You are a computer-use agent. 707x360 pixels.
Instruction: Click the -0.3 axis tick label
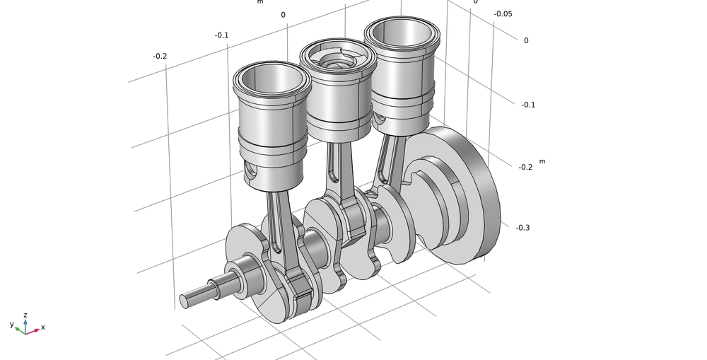click(522, 228)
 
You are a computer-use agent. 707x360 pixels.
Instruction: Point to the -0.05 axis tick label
click(503, 14)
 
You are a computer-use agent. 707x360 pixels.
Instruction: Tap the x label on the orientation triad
click(43, 327)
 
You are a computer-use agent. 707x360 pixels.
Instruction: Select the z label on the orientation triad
click(25, 315)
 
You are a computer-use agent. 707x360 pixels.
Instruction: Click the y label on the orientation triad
click(12, 324)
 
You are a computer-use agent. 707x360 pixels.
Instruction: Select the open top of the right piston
click(402, 33)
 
